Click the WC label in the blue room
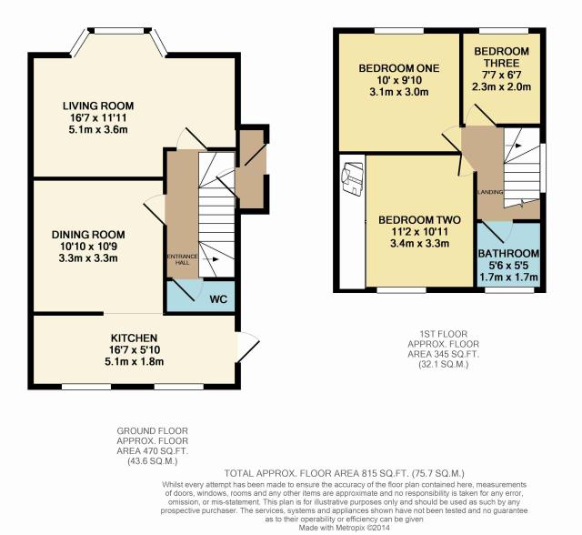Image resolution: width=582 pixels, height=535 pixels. pyautogui.click(x=218, y=299)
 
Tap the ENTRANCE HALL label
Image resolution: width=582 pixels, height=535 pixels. pyautogui.click(x=182, y=259)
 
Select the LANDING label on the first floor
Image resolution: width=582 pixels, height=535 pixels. pyautogui.click(x=490, y=192)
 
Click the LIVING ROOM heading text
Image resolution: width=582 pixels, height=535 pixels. pyautogui.click(x=98, y=106)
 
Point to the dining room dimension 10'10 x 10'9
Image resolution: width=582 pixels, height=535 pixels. pyautogui.click(x=89, y=247)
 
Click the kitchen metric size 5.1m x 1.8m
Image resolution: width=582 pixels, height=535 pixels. pyautogui.click(x=135, y=361)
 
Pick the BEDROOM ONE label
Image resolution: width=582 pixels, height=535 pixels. pyautogui.click(x=399, y=68)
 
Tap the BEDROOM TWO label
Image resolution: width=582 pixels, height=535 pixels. pyautogui.click(x=419, y=220)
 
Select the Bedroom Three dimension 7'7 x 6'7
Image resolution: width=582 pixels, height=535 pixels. pyautogui.click(x=501, y=75)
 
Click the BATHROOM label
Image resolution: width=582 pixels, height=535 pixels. pyautogui.click(x=508, y=254)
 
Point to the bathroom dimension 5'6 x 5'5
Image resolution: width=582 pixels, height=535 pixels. pyautogui.click(x=508, y=266)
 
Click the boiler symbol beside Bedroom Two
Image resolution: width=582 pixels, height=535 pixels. pyautogui.click(x=353, y=177)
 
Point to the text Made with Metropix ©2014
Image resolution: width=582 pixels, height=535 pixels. pyautogui.click(x=345, y=528)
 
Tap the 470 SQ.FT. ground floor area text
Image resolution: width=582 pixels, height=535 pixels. pyautogui.click(x=163, y=451)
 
